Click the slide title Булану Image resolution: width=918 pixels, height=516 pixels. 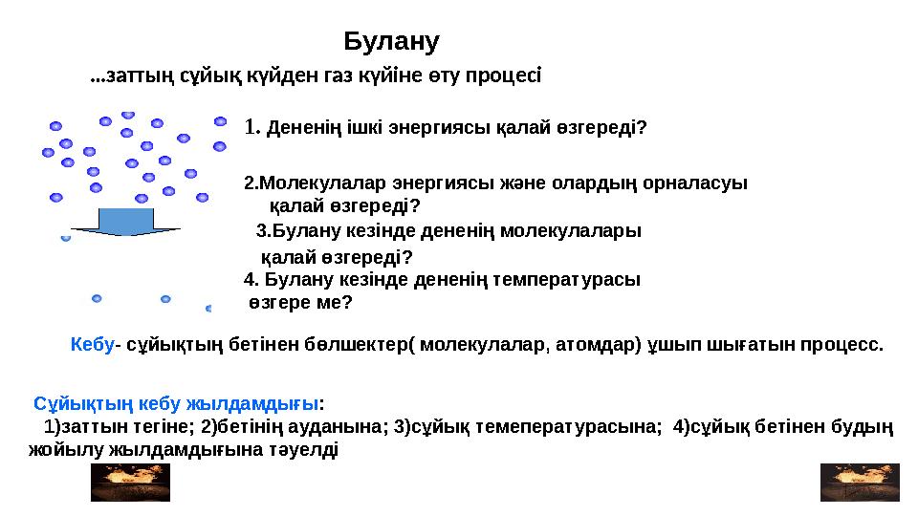coord(391,41)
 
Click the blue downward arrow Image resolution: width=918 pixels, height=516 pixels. coord(126,223)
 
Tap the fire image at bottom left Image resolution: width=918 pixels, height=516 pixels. coord(129,482)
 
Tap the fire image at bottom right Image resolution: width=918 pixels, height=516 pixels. coord(860,482)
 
